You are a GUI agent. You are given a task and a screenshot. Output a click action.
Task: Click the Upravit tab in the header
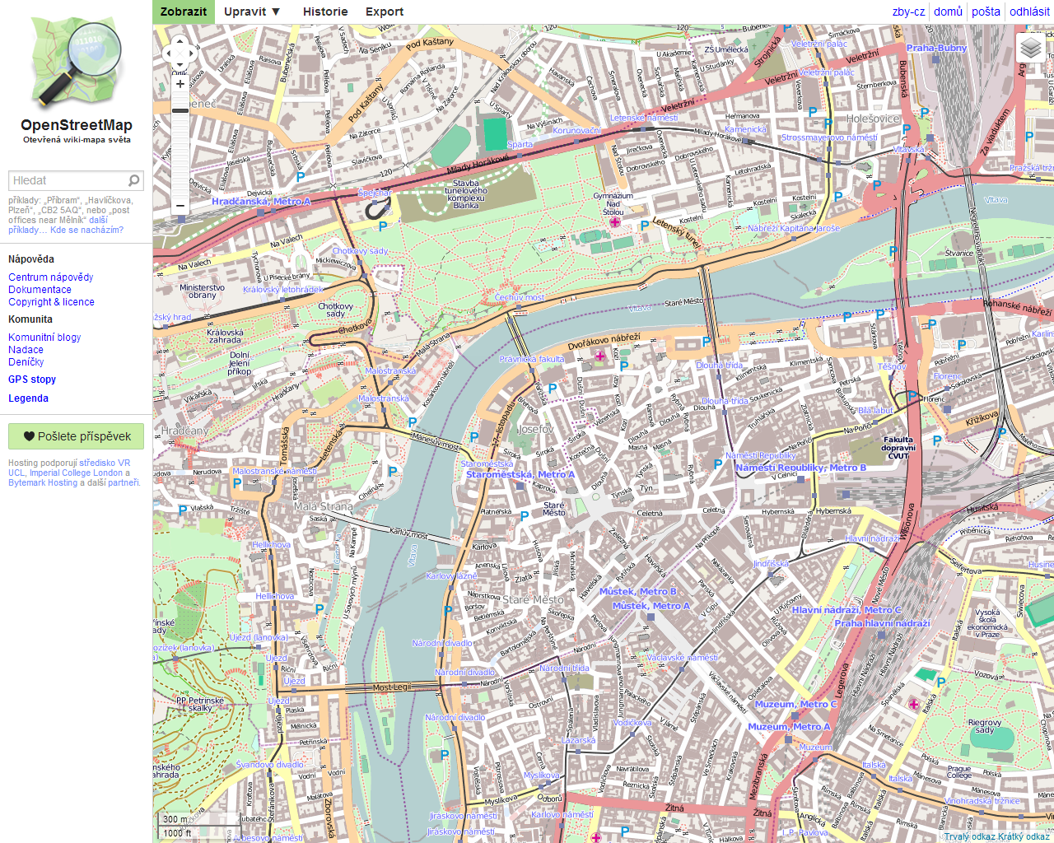pyautogui.click(x=252, y=12)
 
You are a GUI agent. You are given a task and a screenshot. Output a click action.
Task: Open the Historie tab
pyautogui.click(x=325, y=12)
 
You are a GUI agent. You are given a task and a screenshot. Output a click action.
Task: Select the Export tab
pyautogui.click(x=385, y=12)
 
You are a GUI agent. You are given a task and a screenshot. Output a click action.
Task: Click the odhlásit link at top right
pyautogui.click(x=1029, y=12)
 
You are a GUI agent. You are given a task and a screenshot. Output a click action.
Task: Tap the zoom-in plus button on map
pyautogui.click(x=180, y=84)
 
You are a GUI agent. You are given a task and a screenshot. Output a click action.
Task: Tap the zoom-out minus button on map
pyautogui.click(x=180, y=206)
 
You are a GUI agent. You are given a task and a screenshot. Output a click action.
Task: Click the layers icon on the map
pyautogui.click(x=1031, y=49)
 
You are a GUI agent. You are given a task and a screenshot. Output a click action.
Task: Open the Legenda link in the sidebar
pyautogui.click(x=28, y=398)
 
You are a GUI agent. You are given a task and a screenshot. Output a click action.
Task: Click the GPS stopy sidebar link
pyautogui.click(x=32, y=380)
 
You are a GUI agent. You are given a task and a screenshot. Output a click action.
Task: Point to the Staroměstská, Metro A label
pyautogui.click(x=520, y=474)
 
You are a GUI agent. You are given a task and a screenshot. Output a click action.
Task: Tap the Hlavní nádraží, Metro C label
pyautogui.click(x=846, y=610)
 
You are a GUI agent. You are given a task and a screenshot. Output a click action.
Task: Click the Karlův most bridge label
pyautogui.click(x=408, y=534)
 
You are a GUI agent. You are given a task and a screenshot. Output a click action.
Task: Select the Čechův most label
pyautogui.click(x=520, y=297)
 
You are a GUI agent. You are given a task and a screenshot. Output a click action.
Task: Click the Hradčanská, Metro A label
pyautogui.click(x=261, y=201)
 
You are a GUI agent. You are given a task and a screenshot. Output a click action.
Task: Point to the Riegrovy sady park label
pyautogui.click(x=985, y=726)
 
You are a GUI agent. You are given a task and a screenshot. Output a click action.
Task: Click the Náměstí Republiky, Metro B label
pyautogui.click(x=800, y=468)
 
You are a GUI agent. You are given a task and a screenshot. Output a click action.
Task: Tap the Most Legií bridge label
pyautogui.click(x=391, y=687)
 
